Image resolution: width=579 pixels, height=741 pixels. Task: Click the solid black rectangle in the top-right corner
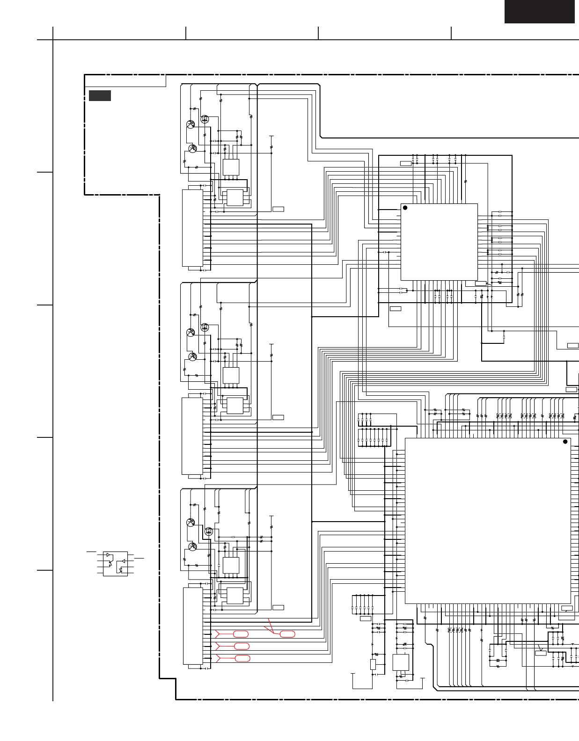(539, 11)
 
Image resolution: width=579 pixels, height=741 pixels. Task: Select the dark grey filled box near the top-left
(100, 95)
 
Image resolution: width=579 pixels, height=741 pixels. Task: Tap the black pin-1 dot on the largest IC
(565, 442)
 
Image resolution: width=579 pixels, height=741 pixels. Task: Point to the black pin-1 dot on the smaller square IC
(405, 208)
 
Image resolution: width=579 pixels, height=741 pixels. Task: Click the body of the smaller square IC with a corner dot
(439, 242)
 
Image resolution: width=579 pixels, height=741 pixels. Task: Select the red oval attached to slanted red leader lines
(287, 634)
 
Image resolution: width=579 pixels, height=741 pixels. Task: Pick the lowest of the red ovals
(242, 658)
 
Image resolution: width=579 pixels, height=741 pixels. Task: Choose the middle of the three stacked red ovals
(242, 646)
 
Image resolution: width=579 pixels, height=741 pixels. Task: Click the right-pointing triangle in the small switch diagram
(108, 555)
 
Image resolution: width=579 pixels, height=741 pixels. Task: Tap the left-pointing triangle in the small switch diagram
(124, 560)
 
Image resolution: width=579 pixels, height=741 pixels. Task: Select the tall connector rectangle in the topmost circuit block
(192, 228)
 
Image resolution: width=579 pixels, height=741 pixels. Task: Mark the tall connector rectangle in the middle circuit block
(192, 436)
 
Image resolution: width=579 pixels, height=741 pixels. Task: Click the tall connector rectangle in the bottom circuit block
(193, 626)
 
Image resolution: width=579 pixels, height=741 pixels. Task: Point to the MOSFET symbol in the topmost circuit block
(205, 119)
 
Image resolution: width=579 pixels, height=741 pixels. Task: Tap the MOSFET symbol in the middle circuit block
(205, 327)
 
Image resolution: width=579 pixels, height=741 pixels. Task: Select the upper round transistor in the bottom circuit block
(191, 523)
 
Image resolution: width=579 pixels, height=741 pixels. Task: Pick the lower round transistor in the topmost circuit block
(192, 148)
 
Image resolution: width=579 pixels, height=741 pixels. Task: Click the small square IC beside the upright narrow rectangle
(401, 662)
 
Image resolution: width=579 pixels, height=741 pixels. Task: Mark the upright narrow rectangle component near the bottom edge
(373, 664)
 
